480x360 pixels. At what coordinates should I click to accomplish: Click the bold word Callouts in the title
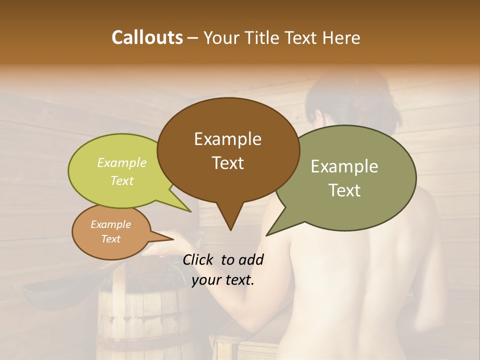[147, 37]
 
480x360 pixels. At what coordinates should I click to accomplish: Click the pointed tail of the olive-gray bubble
[268, 234]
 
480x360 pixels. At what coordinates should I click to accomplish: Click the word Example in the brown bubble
[227, 139]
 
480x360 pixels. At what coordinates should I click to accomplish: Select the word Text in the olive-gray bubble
[344, 190]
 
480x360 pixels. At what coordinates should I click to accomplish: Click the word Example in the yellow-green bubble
[122, 163]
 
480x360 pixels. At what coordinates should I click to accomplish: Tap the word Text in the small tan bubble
[110, 239]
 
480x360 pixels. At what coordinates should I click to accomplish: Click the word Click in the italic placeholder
[198, 259]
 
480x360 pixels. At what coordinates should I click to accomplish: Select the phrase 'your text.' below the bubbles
[223, 280]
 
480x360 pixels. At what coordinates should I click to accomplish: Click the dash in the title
[193, 37]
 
